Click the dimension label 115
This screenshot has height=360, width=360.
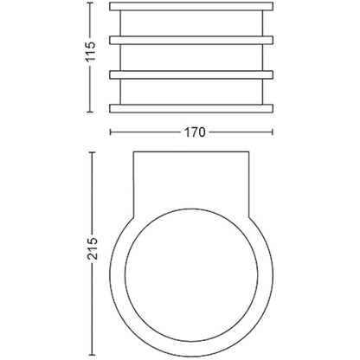[91, 52]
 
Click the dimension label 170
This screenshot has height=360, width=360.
[195, 132]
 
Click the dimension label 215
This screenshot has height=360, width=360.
[93, 248]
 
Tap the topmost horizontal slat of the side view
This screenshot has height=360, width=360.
[191, 7]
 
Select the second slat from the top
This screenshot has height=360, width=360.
[191, 41]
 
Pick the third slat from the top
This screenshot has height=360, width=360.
[191, 74]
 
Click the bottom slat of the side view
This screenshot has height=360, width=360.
[191, 108]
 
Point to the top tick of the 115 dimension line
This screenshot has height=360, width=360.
[91, 3]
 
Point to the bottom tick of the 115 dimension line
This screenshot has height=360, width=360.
[91, 112]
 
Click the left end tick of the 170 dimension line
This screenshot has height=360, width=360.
[110, 132]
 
